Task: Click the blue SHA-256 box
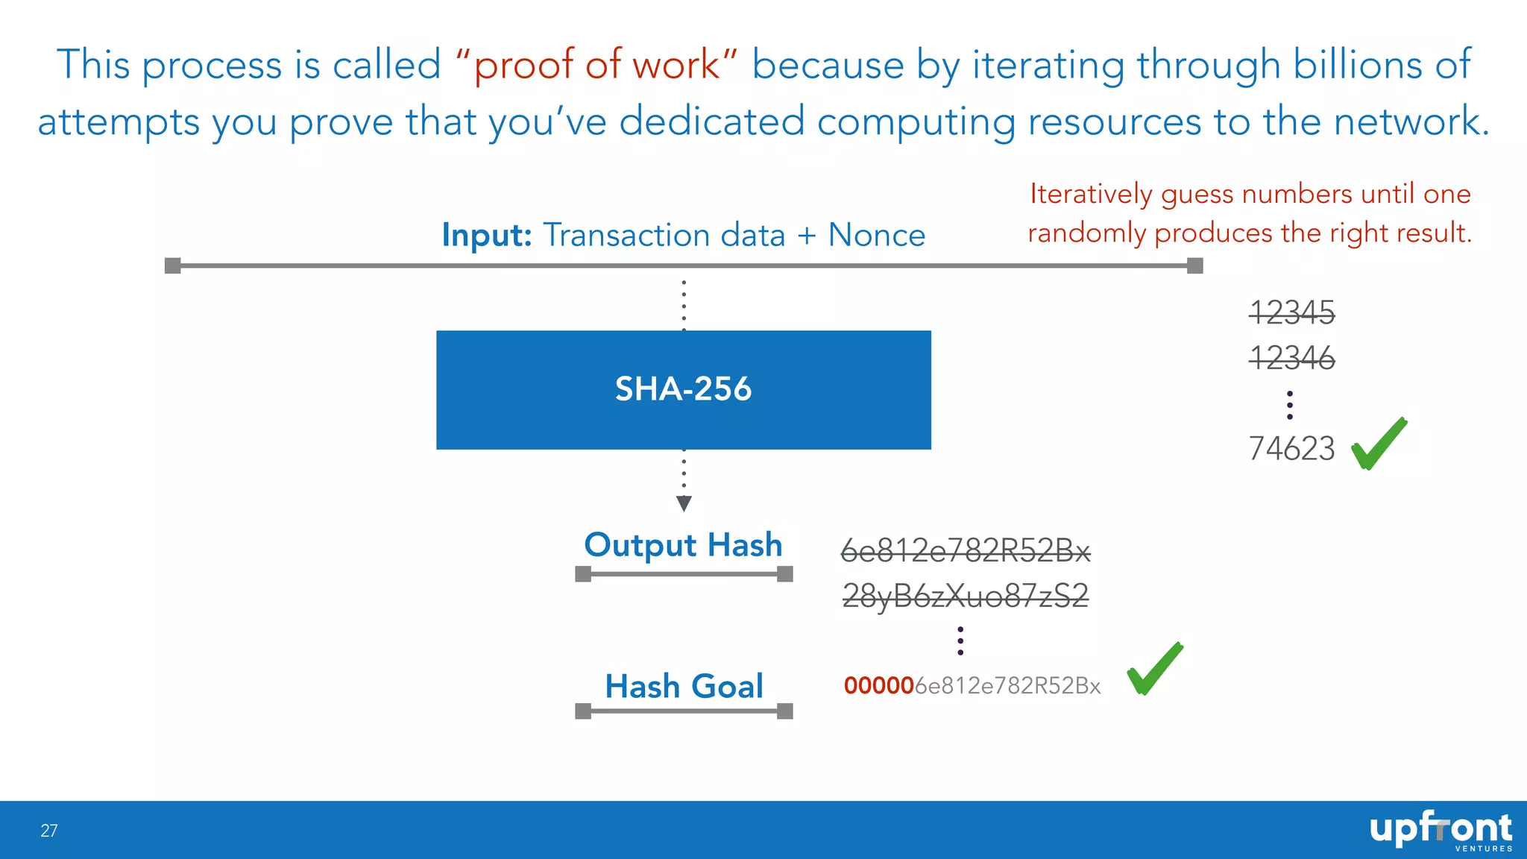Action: click(x=683, y=389)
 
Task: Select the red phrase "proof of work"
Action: click(x=596, y=65)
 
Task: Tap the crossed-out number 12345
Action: click(x=1291, y=312)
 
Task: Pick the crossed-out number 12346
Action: click(x=1291, y=358)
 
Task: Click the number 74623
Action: click(x=1291, y=449)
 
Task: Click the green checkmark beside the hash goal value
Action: click(x=1153, y=670)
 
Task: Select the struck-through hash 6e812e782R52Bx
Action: click(x=965, y=551)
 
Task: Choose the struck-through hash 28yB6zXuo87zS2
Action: click(x=965, y=596)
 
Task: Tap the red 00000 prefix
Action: click(x=878, y=685)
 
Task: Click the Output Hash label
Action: click(x=683, y=545)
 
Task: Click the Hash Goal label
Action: click(x=684, y=686)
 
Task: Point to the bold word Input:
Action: click(x=486, y=235)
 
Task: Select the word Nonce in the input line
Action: click(x=876, y=235)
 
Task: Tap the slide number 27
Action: click(x=49, y=831)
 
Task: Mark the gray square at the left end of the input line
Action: click(x=173, y=265)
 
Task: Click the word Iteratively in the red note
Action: click(x=1090, y=194)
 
